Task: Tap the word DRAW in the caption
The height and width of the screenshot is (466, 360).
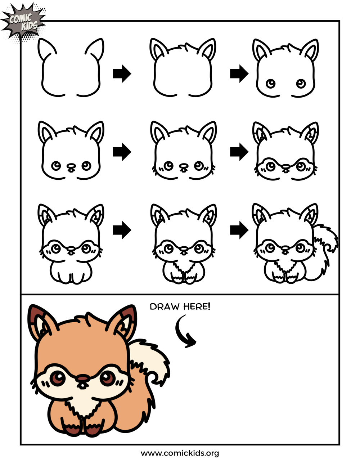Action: (165, 307)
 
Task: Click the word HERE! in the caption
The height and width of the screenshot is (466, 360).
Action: (196, 306)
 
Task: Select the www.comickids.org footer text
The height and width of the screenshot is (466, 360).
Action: (180, 453)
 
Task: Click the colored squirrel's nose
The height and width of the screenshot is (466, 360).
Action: (83, 378)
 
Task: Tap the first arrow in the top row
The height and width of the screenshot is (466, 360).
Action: (122, 73)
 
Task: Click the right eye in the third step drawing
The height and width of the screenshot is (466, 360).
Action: (301, 84)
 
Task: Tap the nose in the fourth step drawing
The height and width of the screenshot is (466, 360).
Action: (71, 166)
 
